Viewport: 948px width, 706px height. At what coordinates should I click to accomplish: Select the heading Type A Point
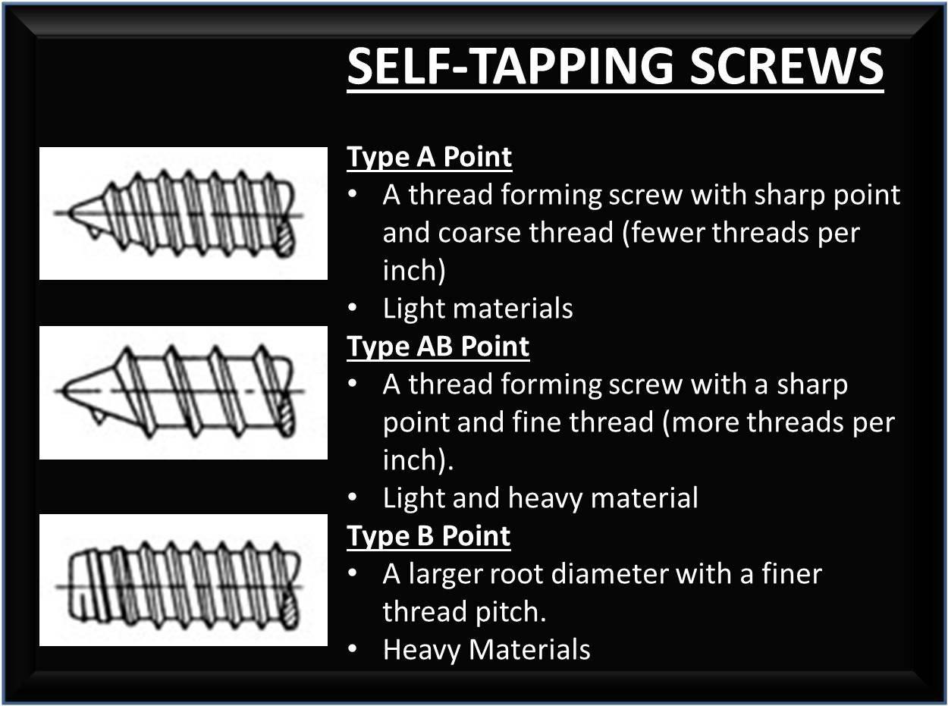tap(429, 157)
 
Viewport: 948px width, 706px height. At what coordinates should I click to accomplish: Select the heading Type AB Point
tap(438, 347)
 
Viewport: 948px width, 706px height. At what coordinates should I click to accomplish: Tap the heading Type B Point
tap(428, 536)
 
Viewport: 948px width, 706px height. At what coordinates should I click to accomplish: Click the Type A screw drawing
tap(183, 213)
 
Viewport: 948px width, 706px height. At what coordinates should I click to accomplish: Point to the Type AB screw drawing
tap(183, 392)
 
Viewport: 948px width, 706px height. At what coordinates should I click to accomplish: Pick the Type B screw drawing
tap(183, 580)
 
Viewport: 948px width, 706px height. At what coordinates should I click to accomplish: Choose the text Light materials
tap(478, 309)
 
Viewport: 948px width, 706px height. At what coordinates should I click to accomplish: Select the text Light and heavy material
tap(540, 498)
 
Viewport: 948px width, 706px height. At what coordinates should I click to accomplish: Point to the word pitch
tap(517, 612)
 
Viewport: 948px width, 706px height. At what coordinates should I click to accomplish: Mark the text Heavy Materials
tap(486, 650)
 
